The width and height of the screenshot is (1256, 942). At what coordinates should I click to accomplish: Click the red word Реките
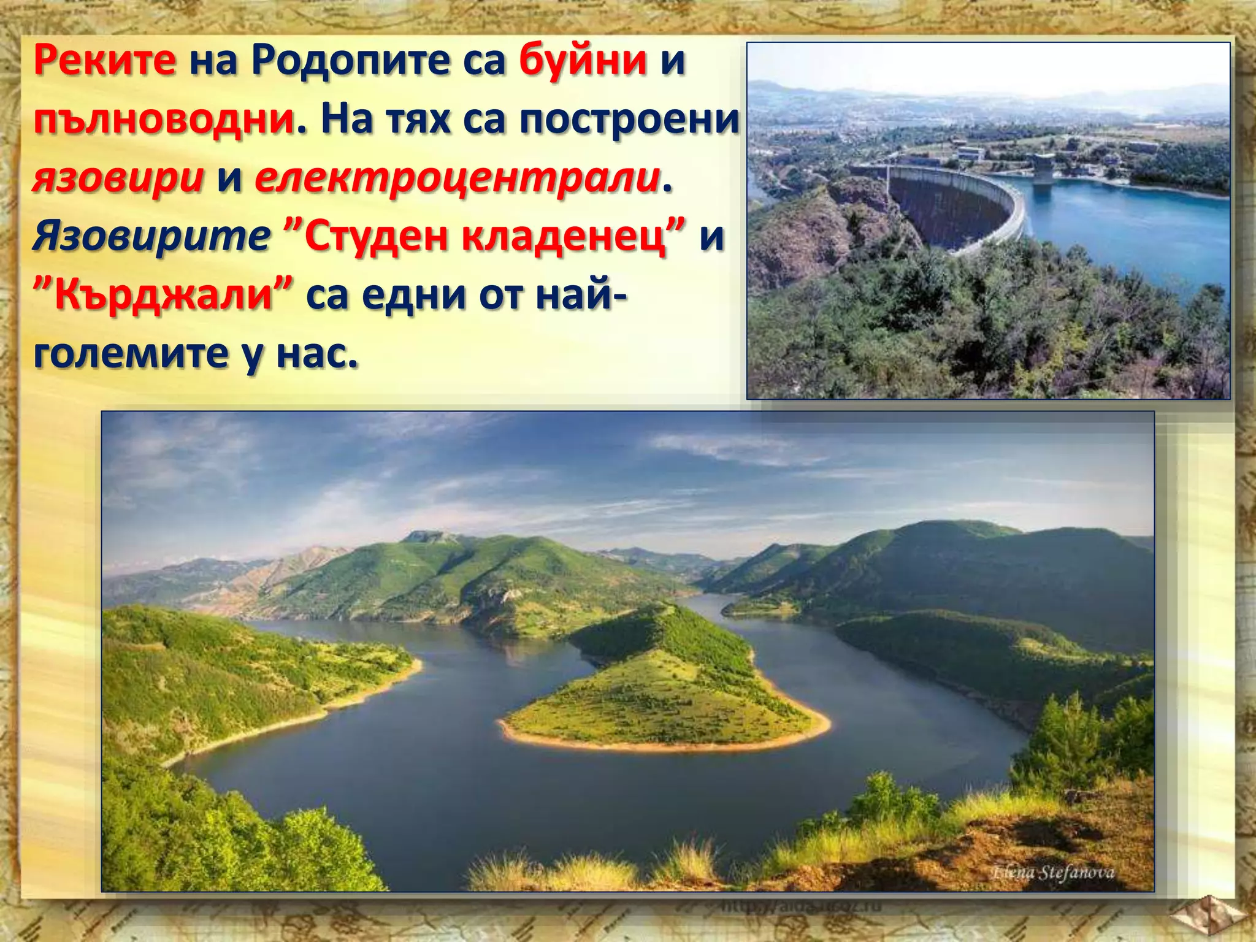coord(105,63)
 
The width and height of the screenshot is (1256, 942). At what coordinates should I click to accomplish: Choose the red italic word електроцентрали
coord(457,178)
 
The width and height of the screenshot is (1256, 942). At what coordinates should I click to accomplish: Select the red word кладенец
coord(564,236)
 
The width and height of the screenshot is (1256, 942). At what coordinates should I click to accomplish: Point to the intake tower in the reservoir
coord(1043,169)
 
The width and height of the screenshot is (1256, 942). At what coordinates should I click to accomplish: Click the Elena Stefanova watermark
coord(1052,872)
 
